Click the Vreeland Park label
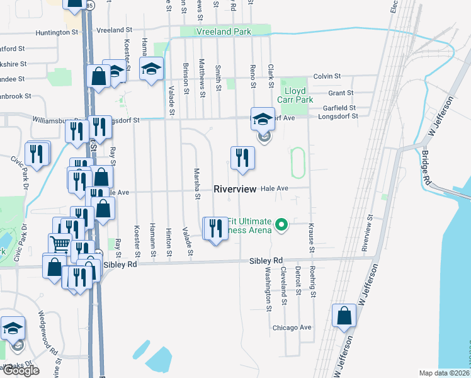tap(224, 31)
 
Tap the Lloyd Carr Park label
tap(296, 95)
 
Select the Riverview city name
tap(235, 189)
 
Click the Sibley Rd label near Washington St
tap(266, 260)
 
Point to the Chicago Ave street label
tap(292, 328)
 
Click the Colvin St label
tap(326, 76)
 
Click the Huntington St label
tap(57, 31)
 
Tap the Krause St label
tap(310, 238)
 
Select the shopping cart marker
tap(60, 243)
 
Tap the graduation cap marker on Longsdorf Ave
tap(263, 118)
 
